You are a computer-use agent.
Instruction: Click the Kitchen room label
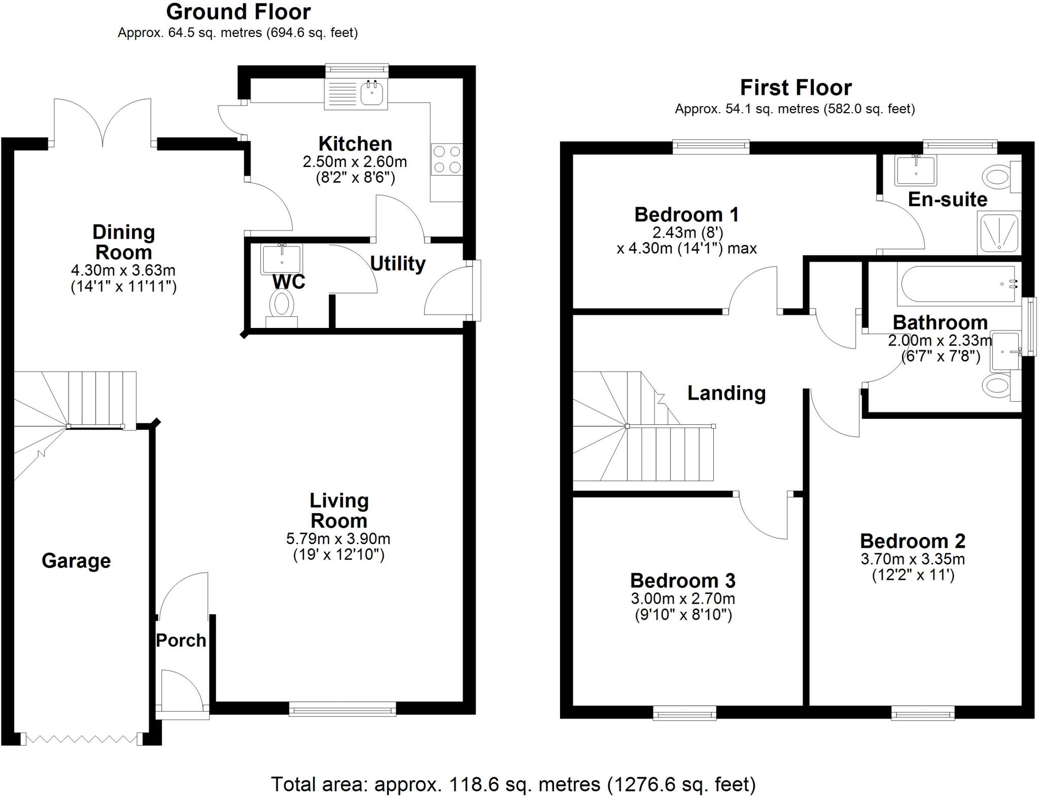tap(355, 144)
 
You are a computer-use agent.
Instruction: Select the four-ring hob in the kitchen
tap(447, 159)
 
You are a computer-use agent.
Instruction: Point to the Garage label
tap(76, 561)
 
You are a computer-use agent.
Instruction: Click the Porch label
tap(181, 640)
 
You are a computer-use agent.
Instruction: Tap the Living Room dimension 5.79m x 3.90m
tap(338, 538)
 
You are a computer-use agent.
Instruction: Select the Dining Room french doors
tap(103, 122)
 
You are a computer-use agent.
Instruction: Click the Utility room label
tap(398, 264)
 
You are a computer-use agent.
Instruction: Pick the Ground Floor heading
tap(238, 12)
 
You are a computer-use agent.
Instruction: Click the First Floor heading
tap(795, 88)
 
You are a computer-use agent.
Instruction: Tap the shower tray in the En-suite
tap(998, 232)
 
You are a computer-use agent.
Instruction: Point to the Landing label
tap(726, 393)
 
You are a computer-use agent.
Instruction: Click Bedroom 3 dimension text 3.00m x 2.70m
tap(683, 598)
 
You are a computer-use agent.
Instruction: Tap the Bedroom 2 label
tap(912, 541)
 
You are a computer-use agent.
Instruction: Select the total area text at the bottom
tap(513, 784)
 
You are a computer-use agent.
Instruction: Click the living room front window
tap(342, 709)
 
